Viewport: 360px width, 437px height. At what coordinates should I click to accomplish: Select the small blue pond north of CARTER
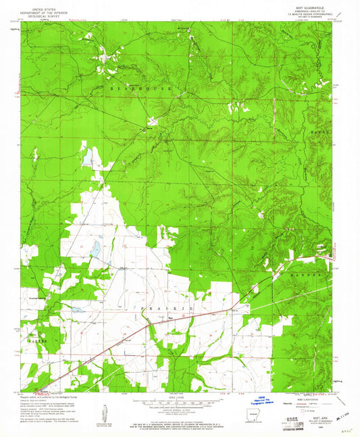77,310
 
